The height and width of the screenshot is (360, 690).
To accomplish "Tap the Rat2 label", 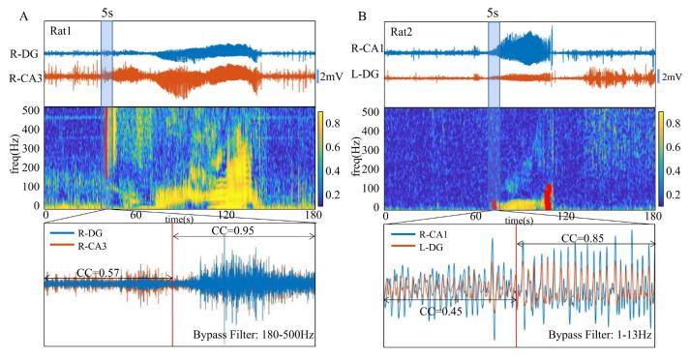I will pos(403,31).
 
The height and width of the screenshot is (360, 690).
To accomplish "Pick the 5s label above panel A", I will pos(107,12).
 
